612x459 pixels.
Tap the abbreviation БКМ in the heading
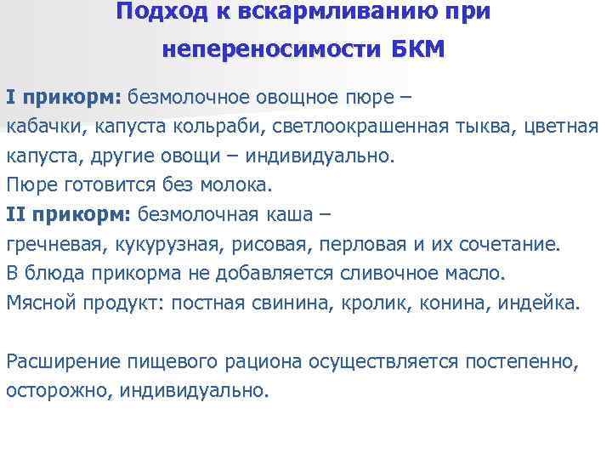click(417, 49)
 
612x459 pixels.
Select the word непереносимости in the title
click(272, 49)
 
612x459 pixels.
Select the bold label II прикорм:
click(67, 213)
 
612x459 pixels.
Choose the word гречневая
click(52, 245)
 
